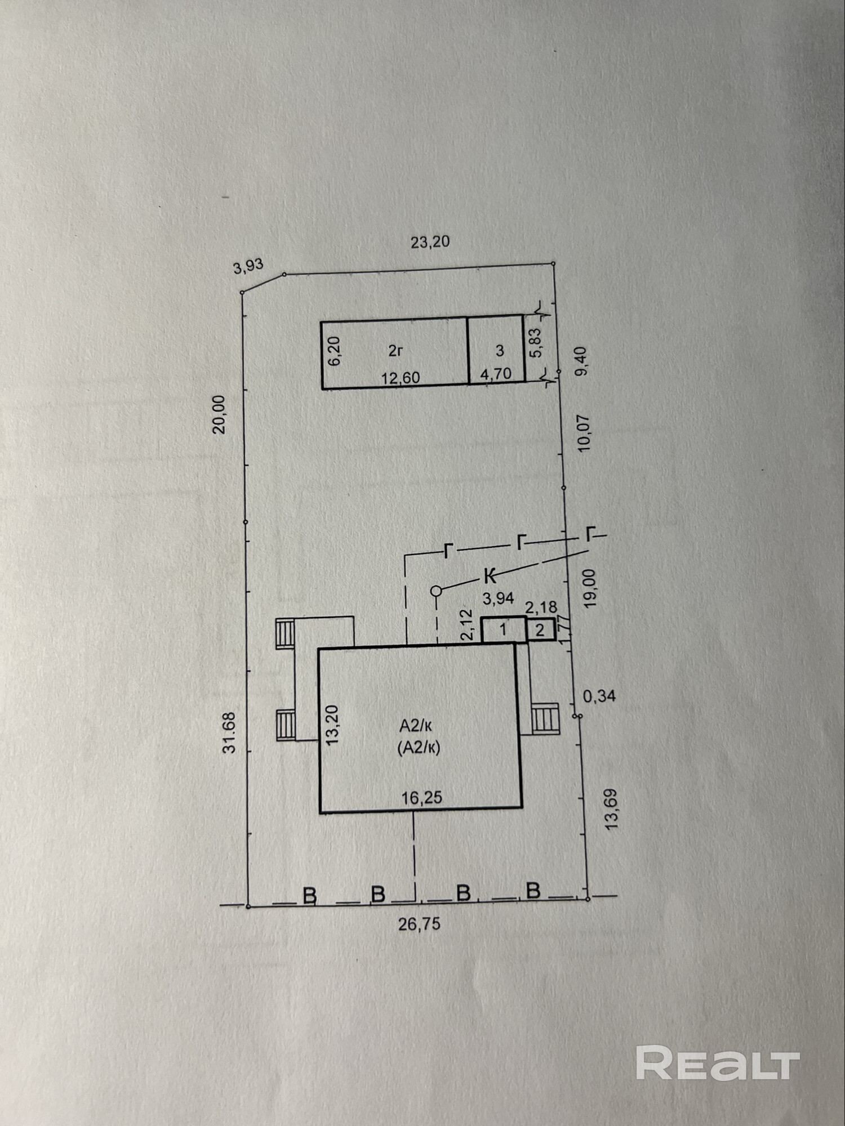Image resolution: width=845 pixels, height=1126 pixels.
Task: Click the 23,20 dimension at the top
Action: [x=430, y=242]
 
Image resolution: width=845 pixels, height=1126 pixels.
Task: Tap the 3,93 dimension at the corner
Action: [x=248, y=266]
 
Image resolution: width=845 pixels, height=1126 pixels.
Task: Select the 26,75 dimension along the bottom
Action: [x=420, y=924]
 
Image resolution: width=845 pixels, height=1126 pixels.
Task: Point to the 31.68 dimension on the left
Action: [x=229, y=732]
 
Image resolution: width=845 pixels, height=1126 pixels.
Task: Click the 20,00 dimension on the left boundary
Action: [x=219, y=414]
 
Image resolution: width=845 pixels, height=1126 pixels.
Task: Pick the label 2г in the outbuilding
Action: [x=395, y=351]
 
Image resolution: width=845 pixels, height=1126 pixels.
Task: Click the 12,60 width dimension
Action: [x=401, y=378]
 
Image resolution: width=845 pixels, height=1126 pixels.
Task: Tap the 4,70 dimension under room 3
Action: [x=496, y=374]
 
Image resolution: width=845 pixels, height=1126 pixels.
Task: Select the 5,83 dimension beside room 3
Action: [x=536, y=342]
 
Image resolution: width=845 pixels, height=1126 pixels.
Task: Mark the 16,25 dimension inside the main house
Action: [x=421, y=797]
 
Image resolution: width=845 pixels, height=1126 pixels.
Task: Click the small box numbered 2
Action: [x=540, y=629]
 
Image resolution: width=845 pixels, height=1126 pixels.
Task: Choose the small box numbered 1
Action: [x=504, y=629]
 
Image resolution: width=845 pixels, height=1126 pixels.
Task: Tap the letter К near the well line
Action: [x=491, y=576]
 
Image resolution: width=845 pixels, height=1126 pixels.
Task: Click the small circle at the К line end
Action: [x=436, y=591]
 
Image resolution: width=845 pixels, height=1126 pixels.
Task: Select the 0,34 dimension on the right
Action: [x=599, y=696]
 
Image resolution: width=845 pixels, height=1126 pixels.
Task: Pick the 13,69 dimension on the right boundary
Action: [x=611, y=809]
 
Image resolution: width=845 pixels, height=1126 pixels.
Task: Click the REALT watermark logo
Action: [x=718, y=1062]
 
